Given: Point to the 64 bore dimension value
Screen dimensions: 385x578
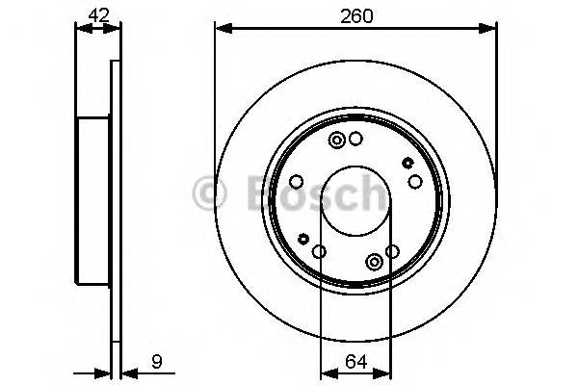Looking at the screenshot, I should pos(355,365).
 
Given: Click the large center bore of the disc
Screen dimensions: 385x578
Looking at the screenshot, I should pos(355,199).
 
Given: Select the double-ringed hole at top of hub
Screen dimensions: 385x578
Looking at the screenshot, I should pos(337,141).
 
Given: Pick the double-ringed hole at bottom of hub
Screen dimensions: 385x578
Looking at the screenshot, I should pos(374,261).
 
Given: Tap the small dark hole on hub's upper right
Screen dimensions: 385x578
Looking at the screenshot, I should pos(407,163).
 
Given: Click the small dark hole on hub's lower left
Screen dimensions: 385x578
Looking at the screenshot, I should pos(303,239).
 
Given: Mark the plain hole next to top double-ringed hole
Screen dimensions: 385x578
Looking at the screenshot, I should pos(356,141).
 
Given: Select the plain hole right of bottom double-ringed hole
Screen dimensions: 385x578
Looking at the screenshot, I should pos(392,252).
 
